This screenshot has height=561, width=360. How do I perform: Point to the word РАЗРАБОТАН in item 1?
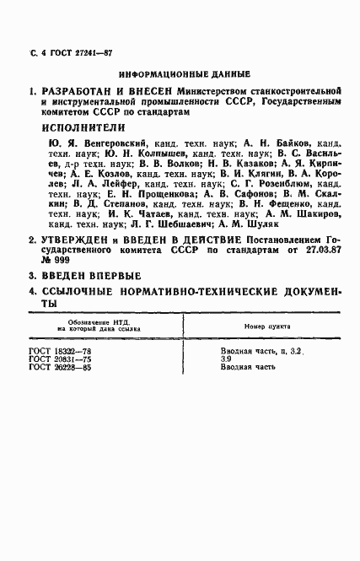(x=80, y=90)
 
